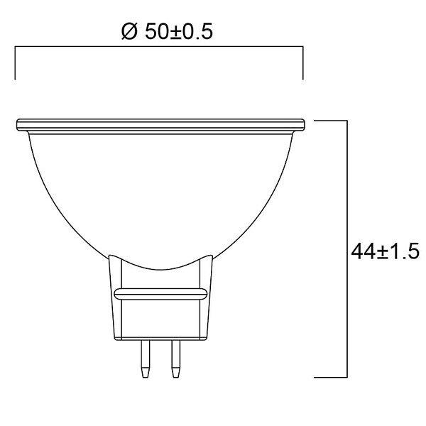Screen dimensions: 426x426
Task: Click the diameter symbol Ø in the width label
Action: pyautogui.click(x=129, y=31)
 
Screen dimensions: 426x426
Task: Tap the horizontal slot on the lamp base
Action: pyautogui.click(x=161, y=294)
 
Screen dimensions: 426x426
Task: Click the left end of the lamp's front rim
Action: pyautogui.click(x=17, y=125)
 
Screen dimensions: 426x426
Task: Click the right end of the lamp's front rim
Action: pyautogui.click(x=305, y=125)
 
